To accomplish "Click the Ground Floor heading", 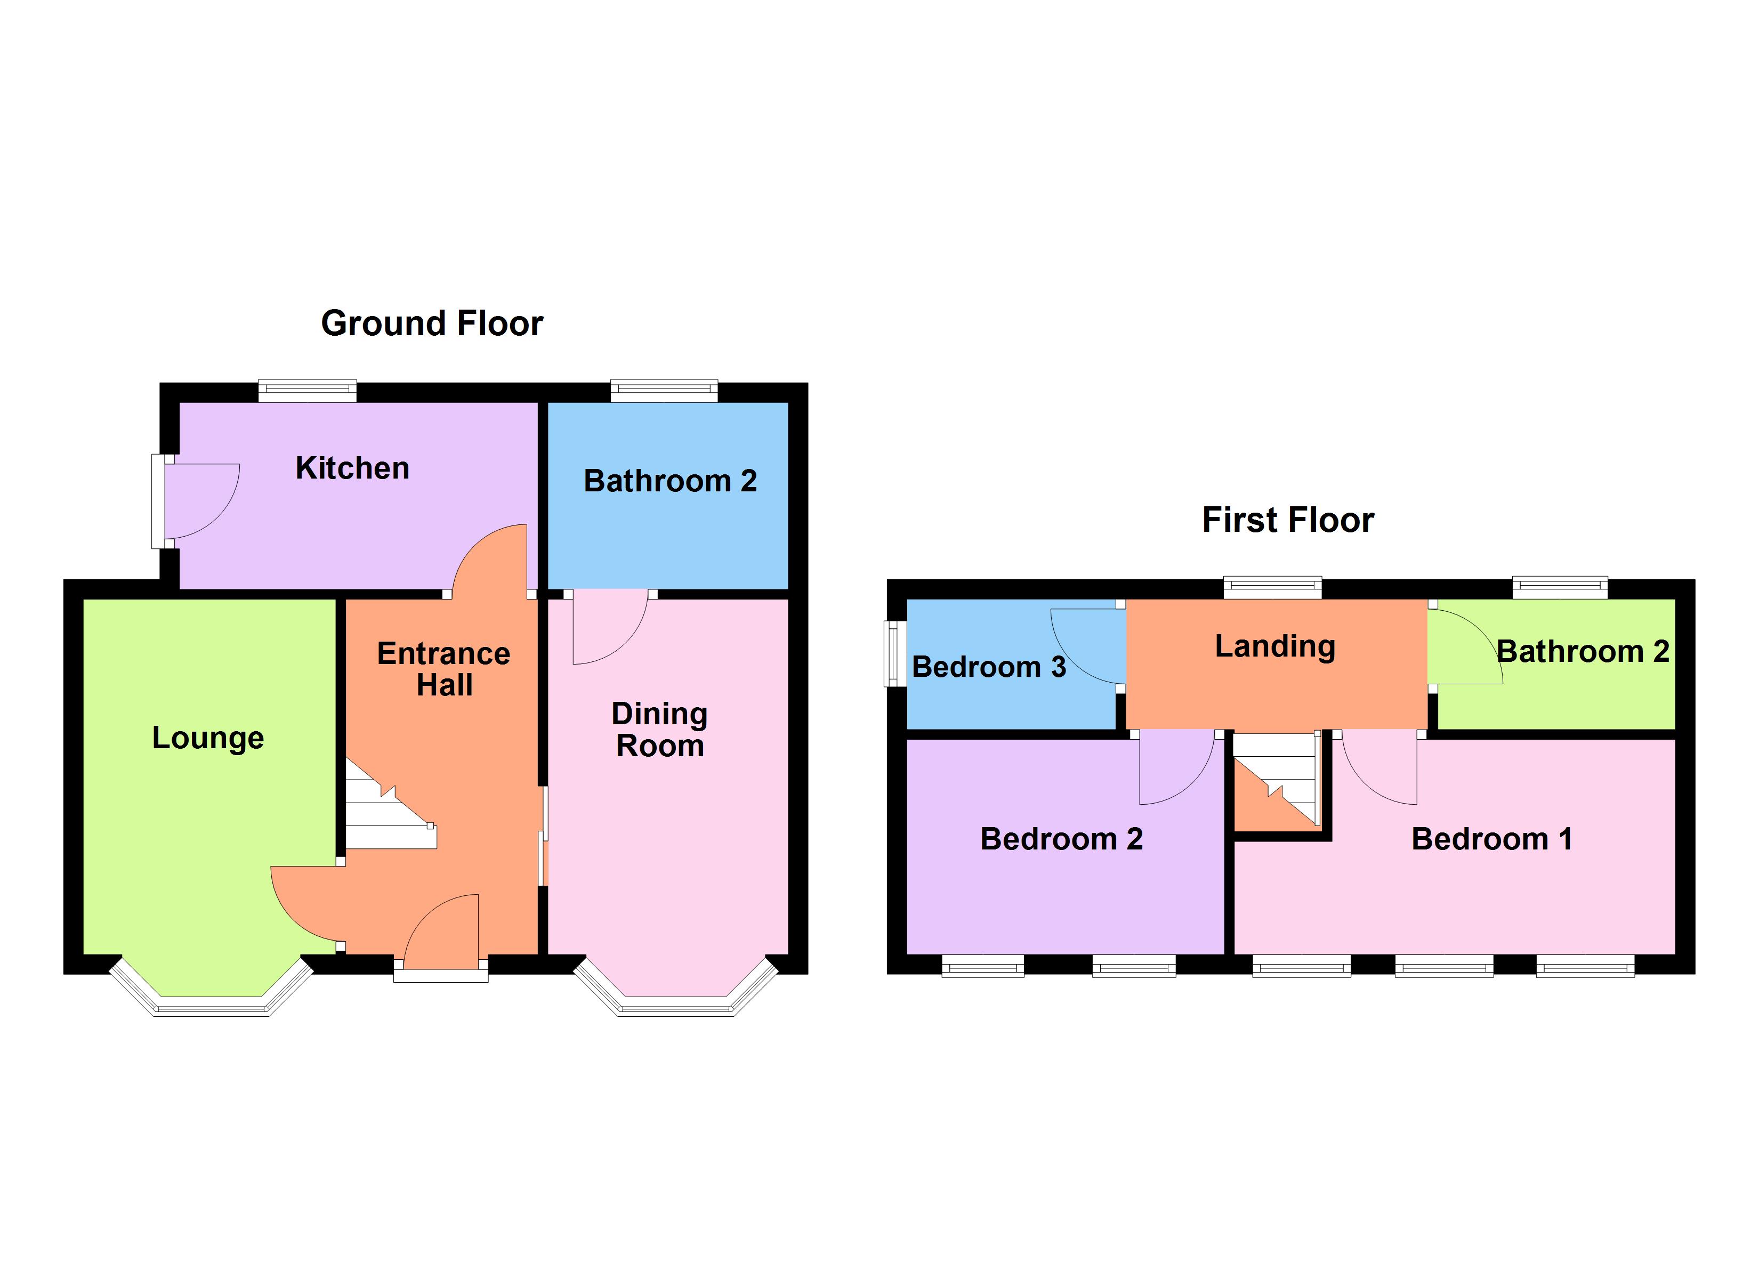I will click(432, 323).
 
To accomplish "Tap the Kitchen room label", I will click(352, 468).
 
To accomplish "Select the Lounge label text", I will click(208, 738).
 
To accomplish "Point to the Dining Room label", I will click(660, 730).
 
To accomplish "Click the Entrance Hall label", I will click(443, 669).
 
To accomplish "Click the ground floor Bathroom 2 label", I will click(670, 481).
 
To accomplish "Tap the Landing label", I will click(1275, 646).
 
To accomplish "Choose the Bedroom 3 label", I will click(989, 667).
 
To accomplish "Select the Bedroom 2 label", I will click(1061, 839).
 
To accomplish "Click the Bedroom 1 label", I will click(1491, 839).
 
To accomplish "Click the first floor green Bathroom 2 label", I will click(1582, 652).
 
